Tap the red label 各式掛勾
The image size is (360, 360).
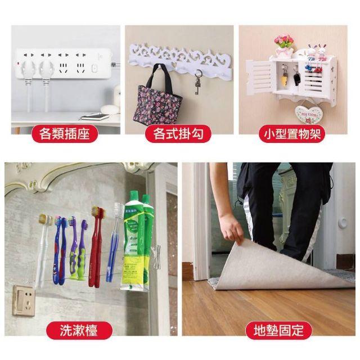(178, 134)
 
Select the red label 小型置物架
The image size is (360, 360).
(292, 134)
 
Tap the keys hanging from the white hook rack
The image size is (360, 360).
(197, 83)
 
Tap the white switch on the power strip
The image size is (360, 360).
(94, 69)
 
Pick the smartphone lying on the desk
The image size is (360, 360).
(94, 116)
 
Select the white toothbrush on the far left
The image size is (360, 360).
(42, 247)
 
